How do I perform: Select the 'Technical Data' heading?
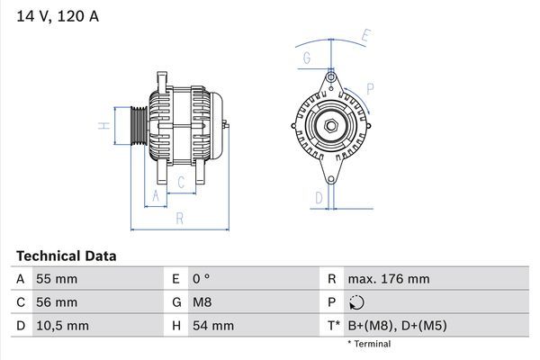coord(65,256)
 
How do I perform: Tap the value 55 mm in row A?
coord(56,280)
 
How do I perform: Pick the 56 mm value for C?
coord(56,302)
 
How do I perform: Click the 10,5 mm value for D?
coord(60,325)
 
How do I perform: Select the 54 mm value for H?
coord(212,325)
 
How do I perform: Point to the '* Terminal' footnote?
coord(369,344)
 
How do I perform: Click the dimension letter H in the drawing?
coord(105,125)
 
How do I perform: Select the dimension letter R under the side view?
coord(179,218)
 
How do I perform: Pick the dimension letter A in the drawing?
coord(156,195)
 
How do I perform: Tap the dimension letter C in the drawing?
coord(181,183)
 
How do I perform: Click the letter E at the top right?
coord(365,36)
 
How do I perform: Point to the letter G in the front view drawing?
coord(307,58)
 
